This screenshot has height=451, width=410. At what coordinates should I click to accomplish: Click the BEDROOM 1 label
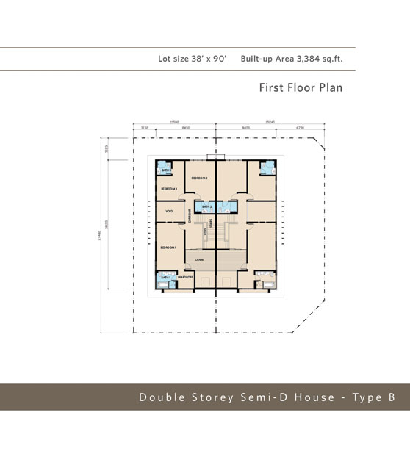pyautogui.click(x=168, y=248)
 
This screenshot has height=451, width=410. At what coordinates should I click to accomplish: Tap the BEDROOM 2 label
pyautogui.click(x=199, y=178)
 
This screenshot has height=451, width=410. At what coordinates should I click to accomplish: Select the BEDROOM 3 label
pyautogui.click(x=168, y=190)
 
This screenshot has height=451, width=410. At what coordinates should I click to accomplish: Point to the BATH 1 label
pyautogui.click(x=166, y=277)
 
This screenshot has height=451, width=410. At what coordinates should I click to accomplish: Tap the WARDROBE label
pyautogui.click(x=185, y=277)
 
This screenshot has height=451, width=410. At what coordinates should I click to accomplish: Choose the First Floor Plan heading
pyautogui.click(x=301, y=88)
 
